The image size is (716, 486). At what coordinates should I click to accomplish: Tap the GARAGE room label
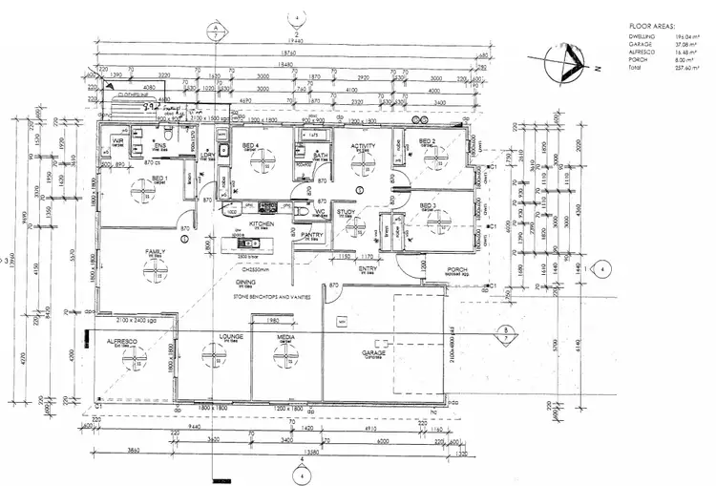pos(374,352)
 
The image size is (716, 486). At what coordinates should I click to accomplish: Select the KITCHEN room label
pos(263,224)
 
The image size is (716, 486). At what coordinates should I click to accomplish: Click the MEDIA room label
pos(286,337)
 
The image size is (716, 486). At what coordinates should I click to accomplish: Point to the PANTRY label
pos(312,234)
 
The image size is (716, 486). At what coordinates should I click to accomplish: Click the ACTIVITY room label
pos(363,146)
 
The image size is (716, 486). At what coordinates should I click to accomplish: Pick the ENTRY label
pos(368,270)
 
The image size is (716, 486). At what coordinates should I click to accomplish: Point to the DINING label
pos(247,284)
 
